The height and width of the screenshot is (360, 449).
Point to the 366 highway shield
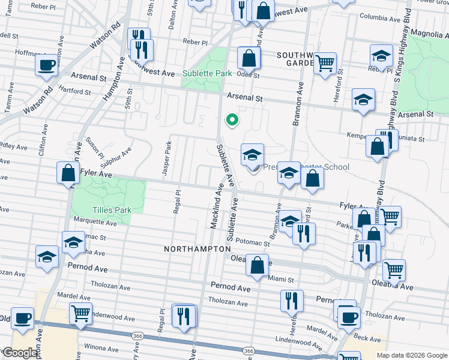[x=249, y=350]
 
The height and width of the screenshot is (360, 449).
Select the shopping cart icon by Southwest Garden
[x=325, y=62]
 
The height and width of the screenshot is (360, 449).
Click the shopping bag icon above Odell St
[x=249, y=59]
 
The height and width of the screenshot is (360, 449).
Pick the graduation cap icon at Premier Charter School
[x=252, y=154]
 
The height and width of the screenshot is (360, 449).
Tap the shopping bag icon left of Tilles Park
[x=68, y=173]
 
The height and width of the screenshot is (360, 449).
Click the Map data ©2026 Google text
[x=411, y=355]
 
